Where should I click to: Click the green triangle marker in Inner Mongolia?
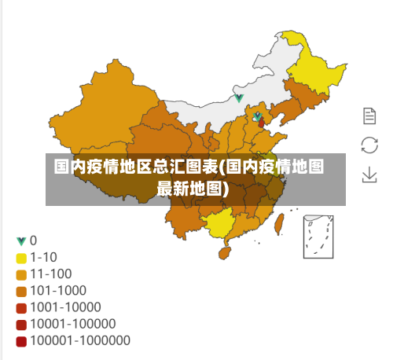239,98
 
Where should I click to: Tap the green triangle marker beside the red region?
256,116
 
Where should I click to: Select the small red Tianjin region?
262,123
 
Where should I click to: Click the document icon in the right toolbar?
369,116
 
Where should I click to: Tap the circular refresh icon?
369,145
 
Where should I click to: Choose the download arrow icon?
369,174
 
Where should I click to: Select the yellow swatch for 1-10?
21,258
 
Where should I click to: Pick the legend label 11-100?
51,274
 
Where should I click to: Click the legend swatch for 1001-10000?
21,307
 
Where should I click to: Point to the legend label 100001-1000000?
80,341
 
